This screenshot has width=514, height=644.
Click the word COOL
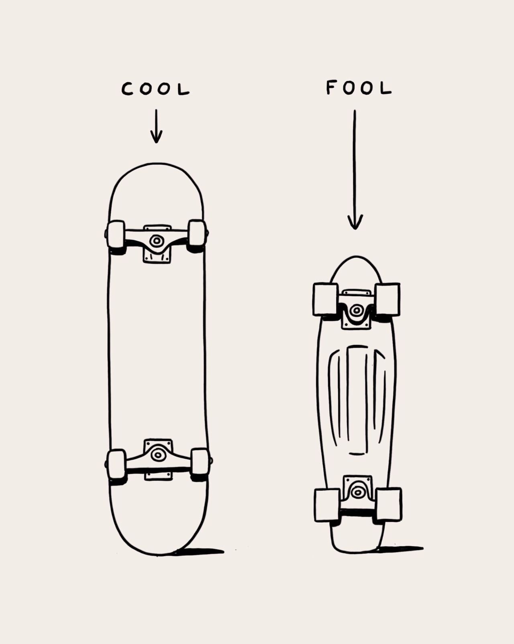[x=155, y=89]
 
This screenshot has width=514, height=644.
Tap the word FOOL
[x=358, y=88]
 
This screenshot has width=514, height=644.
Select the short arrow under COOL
[x=156, y=126]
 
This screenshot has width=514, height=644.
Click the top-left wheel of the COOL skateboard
[x=116, y=234]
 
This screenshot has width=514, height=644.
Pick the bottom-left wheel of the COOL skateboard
[x=116, y=464]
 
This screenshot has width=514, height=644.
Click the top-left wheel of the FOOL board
[x=325, y=299]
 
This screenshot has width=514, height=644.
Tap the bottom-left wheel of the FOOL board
[x=327, y=505]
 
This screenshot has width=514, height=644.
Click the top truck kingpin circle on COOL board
[x=156, y=241]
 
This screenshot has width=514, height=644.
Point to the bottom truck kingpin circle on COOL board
[x=157, y=455]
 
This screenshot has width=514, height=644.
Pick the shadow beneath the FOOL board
[x=402, y=548]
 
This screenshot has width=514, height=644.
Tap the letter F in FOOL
[x=331, y=87]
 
